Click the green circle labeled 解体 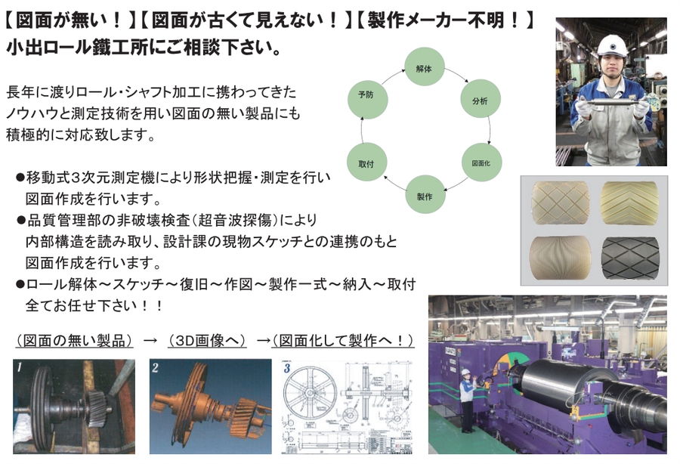coord(424,67)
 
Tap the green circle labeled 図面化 coord(481,162)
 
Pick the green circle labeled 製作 coord(425,195)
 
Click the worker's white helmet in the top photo coord(611,45)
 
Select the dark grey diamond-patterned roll coord(630,258)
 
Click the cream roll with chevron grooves coord(629,203)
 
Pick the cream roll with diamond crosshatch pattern coord(561,203)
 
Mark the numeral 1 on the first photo coord(20,368)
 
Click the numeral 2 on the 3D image coord(155,368)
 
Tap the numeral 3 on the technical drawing coord(287,368)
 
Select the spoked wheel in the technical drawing coord(309,392)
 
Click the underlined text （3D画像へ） coord(207,340)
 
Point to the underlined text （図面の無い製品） coord(74,340)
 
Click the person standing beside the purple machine coord(467,400)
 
